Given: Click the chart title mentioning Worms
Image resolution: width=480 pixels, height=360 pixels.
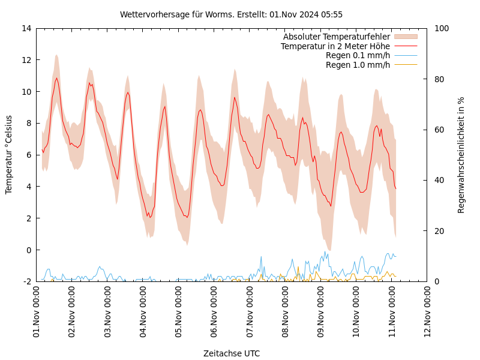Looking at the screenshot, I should click(231, 14).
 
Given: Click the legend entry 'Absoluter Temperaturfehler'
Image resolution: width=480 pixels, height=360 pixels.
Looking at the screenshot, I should click(336, 37).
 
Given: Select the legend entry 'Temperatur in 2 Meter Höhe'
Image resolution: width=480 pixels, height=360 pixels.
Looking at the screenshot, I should click(335, 46).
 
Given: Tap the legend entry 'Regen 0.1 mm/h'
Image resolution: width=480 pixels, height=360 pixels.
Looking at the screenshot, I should click(358, 56).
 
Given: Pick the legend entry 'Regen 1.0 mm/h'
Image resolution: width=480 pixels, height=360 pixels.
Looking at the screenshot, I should click(358, 65).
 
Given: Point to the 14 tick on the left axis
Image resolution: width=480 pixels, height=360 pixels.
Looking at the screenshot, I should click(26, 28).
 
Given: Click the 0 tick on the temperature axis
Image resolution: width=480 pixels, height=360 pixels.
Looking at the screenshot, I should click(28, 250).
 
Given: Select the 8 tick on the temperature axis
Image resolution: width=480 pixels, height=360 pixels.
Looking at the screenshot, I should click(28, 123).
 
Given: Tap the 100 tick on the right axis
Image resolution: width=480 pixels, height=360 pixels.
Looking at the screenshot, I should click(442, 28).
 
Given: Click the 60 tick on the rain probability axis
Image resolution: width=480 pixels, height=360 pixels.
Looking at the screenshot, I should click(439, 130).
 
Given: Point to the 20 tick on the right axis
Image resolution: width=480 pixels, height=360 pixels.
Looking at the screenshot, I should click(439, 231).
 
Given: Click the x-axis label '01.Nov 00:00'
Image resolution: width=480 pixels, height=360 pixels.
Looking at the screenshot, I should click(37, 311).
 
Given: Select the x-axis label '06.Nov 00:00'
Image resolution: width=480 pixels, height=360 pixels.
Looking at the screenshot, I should click(214, 311).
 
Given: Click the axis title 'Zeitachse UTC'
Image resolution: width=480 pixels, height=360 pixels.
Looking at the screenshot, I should click(232, 353).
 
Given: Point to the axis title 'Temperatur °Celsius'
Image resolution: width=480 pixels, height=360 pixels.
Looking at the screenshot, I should click(9, 154).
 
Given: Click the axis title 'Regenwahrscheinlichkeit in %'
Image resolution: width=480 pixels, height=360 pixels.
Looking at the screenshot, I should click(461, 155).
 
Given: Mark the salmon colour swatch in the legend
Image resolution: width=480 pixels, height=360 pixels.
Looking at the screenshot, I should click(406, 37).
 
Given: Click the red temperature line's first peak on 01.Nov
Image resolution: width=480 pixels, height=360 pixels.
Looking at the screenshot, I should click(56, 78).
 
